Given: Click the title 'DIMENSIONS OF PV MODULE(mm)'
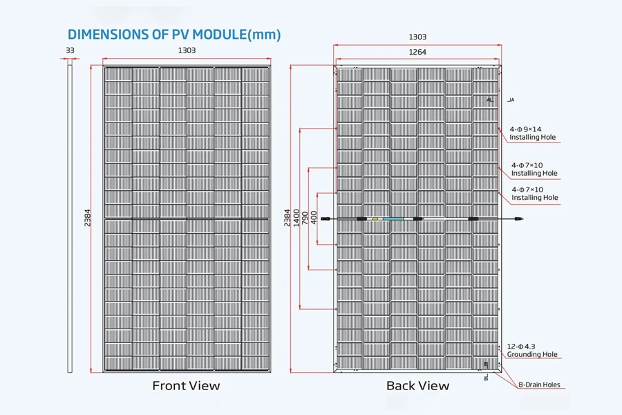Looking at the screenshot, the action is coord(174,35).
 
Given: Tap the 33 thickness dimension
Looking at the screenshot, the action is coord(70,50).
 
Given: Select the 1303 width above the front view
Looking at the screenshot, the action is coord(187,50).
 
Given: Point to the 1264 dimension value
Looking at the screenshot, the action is coord(417,52).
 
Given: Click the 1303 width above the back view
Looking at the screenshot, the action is coord(417,37).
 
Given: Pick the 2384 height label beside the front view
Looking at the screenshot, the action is coord(87,218).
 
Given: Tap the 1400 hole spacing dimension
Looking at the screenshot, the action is coord(296,218).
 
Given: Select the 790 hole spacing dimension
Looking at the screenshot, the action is coord(305,218).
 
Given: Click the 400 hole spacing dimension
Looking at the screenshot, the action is coord(314,218).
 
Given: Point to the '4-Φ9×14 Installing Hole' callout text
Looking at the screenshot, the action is coord(532,133).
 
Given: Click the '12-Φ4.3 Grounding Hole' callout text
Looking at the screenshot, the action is coord(532,350).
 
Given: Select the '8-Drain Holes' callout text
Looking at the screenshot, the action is coord(539,385).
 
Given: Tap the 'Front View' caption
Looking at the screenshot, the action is coord(186,386).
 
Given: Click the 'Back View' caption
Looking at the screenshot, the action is coord(417,386).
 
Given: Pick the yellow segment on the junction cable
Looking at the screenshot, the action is coord(375,219).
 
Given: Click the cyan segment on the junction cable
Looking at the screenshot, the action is coord(393,219).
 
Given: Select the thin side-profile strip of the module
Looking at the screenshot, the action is coord(70,219).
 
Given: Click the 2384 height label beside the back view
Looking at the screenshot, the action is coord(288,218).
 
